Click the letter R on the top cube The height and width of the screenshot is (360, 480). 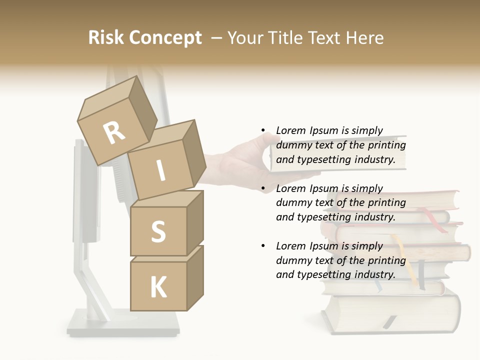click(114, 132)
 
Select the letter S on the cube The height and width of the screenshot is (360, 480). click(158, 231)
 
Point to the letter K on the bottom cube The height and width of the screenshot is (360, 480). click(158, 287)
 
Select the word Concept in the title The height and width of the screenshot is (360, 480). click(165, 38)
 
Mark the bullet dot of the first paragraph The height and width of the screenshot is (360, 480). click(263, 131)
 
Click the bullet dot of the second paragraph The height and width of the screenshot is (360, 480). click(263, 189)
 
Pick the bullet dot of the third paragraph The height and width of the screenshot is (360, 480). click(263, 246)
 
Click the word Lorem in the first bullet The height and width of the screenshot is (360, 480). click(290, 130)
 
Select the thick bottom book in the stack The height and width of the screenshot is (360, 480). click(390, 312)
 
